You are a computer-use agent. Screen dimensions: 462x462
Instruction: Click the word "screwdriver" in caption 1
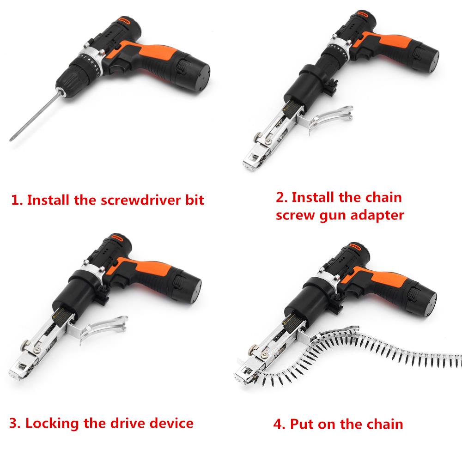pyautogui.click(x=140, y=200)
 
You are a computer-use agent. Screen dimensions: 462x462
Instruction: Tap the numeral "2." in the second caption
pyautogui.click(x=282, y=197)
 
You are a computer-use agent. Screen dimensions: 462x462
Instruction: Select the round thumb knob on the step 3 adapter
pyautogui.click(x=25, y=344)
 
